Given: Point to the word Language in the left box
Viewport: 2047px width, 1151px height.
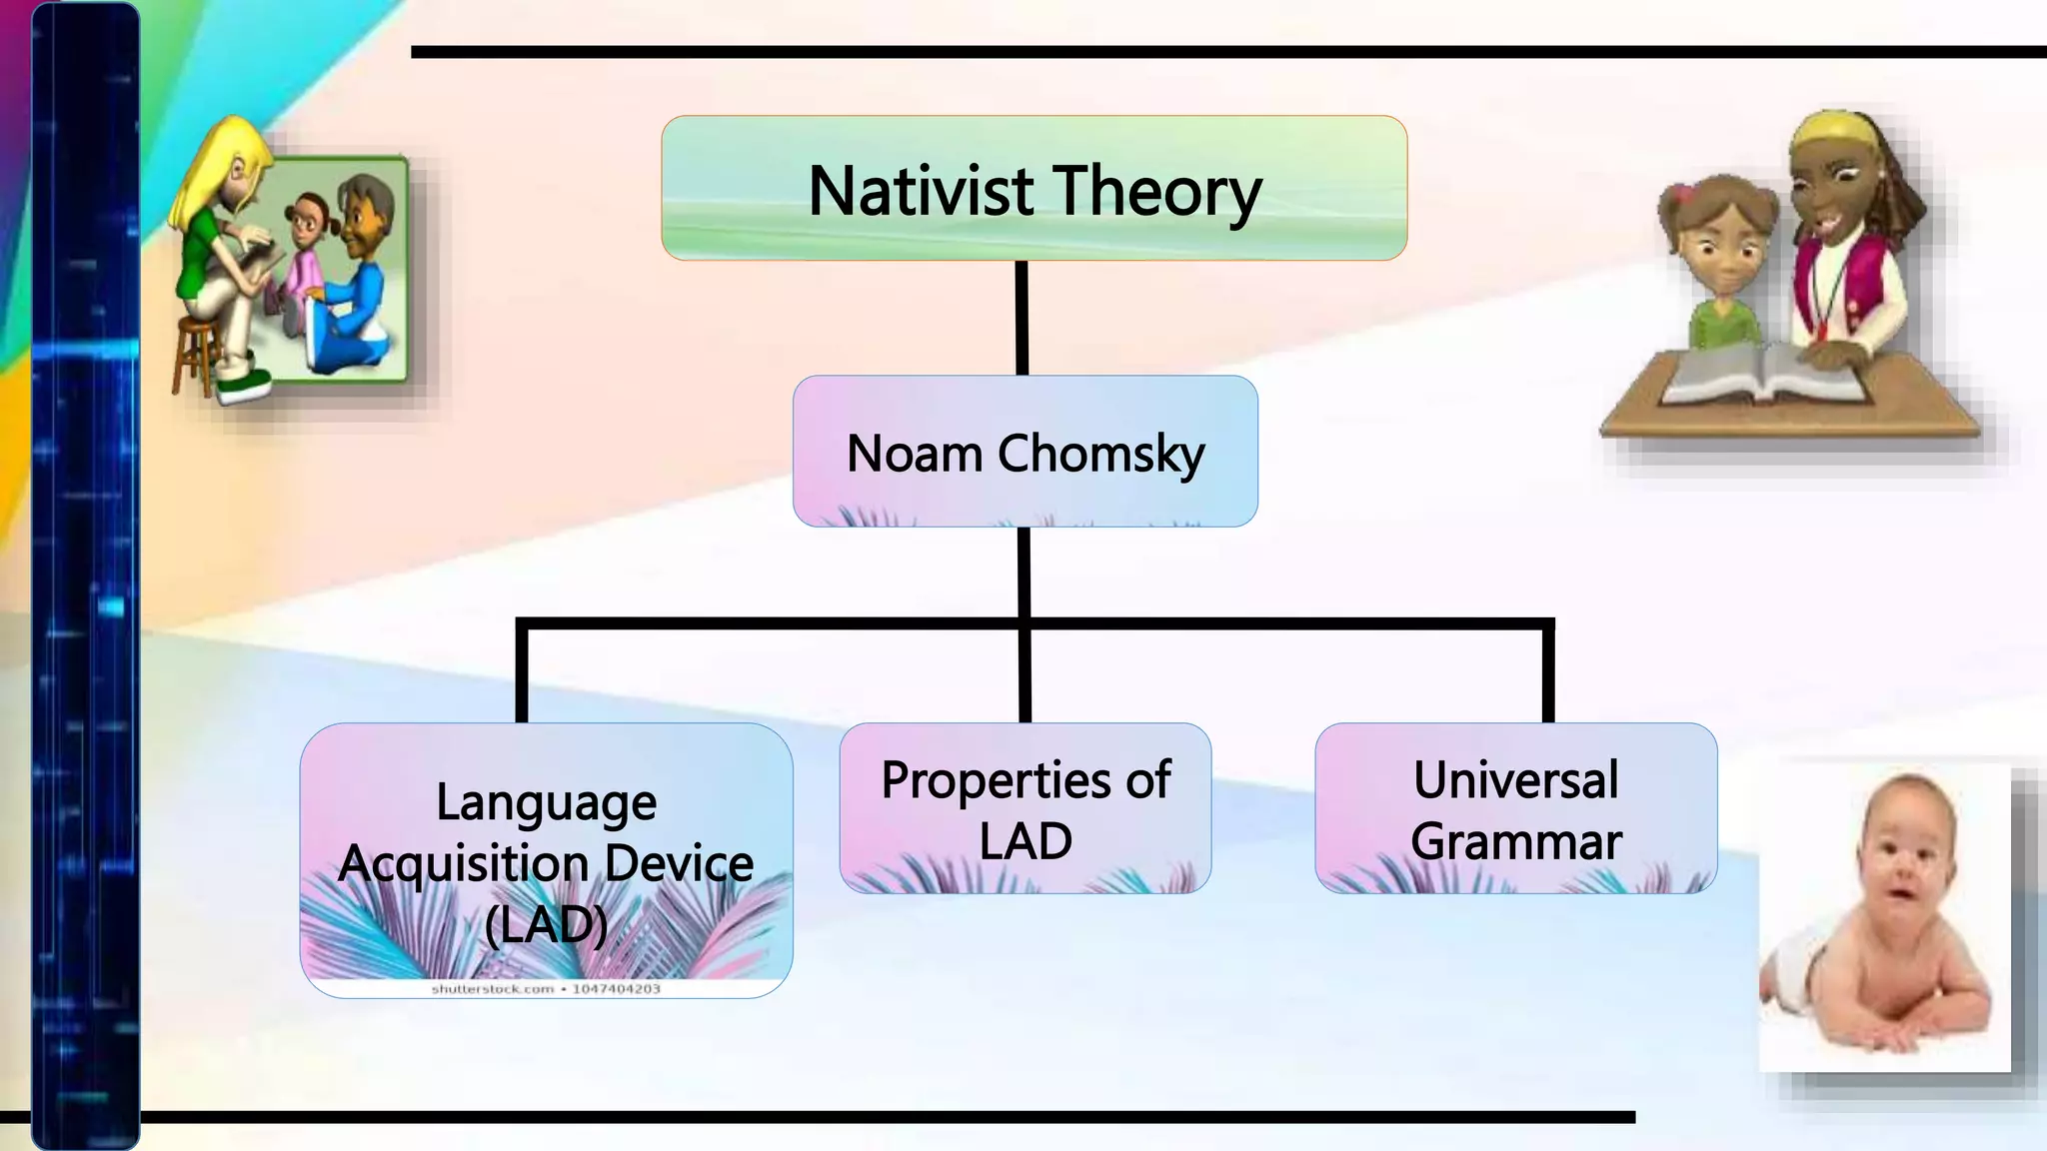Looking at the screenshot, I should [546, 803].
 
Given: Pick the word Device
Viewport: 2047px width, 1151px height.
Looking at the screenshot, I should [679, 863].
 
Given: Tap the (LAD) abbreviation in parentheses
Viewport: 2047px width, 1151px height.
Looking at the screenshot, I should [546, 925].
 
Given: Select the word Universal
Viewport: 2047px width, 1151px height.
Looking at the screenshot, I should [1515, 780].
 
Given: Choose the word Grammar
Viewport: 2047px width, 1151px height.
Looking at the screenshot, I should [1515, 841].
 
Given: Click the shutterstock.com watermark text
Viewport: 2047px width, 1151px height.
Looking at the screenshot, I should [546, 989].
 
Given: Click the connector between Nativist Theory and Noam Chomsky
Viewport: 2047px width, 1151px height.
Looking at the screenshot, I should [1022, 318].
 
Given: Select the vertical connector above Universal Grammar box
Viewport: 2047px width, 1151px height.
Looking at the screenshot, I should [1548, 671].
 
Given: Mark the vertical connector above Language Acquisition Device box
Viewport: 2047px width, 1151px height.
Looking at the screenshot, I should [522, 671].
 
